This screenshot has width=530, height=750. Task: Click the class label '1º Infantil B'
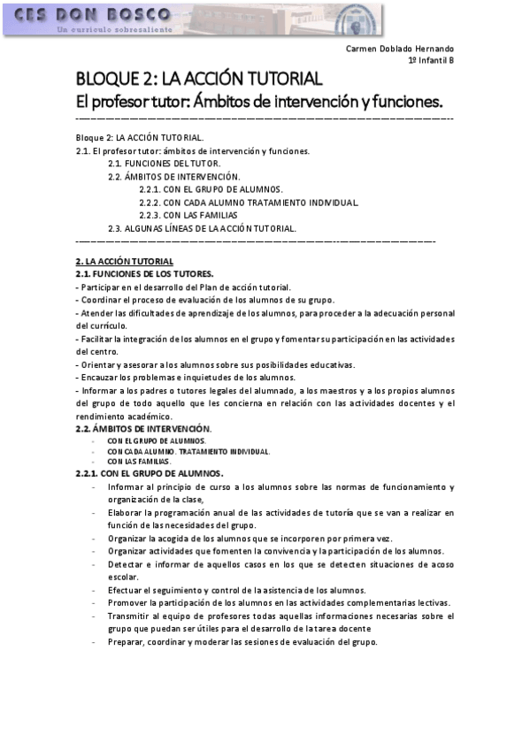coord(431,60)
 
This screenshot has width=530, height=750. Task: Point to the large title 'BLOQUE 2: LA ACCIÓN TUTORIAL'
coord(198,80)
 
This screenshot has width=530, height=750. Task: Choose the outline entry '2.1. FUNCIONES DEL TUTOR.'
coord(165,164)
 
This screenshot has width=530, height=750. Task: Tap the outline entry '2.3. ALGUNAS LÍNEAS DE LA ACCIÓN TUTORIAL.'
coord(202,228)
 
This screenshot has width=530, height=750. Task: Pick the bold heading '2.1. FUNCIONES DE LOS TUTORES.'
coord(144,274)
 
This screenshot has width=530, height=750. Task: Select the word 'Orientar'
coord(100,364)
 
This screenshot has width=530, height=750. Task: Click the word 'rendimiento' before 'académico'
coord(102,417)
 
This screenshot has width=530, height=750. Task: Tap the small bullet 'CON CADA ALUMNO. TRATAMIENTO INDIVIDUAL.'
coord(188,451)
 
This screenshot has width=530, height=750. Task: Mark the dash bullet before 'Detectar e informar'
coord(94,563)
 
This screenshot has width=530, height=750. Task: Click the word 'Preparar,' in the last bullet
coord(127,641)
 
